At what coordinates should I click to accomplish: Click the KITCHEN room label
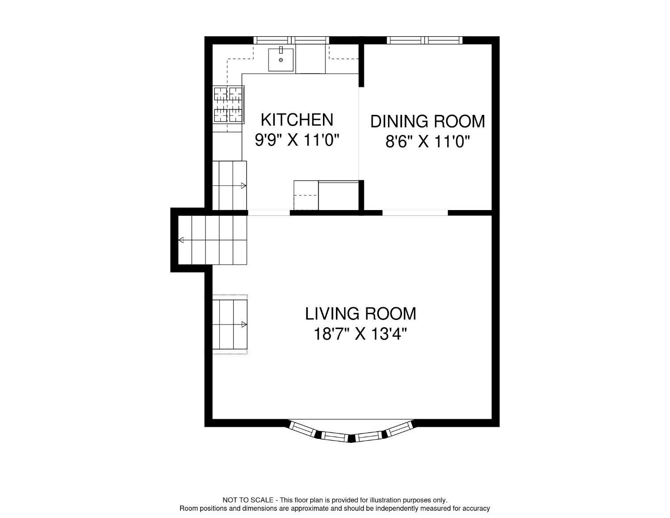tap(297, 120)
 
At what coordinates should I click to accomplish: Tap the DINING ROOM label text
tap(427, 122)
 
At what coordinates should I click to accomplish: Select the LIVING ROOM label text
tap(360, 314)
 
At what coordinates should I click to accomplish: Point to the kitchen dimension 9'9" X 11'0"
tap(297, 140)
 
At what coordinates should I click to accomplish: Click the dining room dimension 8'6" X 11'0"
tap(427, 142)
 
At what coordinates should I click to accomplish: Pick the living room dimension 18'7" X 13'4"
tap(360, 334)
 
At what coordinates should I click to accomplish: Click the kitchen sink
tap(281, 60)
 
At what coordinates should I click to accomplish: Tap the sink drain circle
tap(281, 60)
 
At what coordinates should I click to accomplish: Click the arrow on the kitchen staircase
tap(243, 186)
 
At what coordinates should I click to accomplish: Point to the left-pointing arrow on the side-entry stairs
tap(181, 240)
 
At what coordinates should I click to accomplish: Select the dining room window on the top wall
tap(424, 40)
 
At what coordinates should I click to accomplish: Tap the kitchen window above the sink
tap(291, 40)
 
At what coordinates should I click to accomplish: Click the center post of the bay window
tap(352, 438)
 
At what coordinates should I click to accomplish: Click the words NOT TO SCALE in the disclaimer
tap(248, 500)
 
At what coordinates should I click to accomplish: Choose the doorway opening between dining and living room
tap(415, 213)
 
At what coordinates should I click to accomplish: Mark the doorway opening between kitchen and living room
tap(269, 213)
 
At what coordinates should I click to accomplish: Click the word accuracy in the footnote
tap(476, 509)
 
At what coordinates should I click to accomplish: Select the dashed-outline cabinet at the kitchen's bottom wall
tap(306, 195)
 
